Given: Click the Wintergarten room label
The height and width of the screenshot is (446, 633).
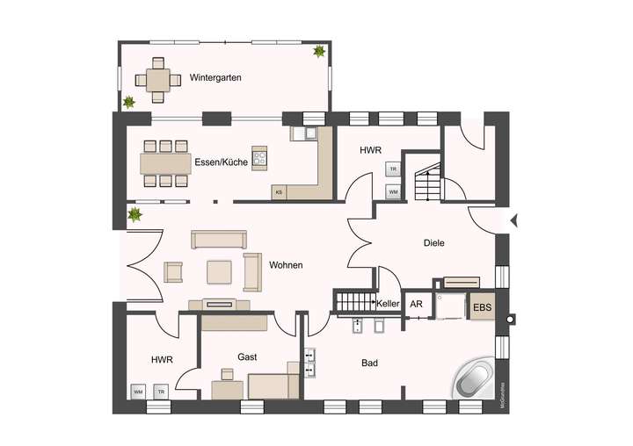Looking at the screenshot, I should pyautogui.click(x=215, y=78).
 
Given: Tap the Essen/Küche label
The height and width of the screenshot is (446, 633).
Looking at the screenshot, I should pyautogui.click(x=221, y=162).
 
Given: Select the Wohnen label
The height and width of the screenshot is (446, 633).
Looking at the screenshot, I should pyautogui.click(x=286, y=264).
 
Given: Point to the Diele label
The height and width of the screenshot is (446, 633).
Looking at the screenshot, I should pyautogui.click(x=434, y=243).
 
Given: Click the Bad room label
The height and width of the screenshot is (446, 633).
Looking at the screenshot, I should pyautogui.click(x=371, y=362).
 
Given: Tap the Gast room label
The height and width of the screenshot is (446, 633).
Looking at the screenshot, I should pyautogui.click(x=247, y=356).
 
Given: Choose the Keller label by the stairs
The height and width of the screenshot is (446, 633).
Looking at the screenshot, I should pyautogui.click(x=389, y=304).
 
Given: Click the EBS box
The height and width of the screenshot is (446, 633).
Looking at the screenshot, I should pyautogui.click(x=482, y=308).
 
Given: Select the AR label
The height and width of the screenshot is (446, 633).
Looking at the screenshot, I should pyautogui.click(x=417, y=304).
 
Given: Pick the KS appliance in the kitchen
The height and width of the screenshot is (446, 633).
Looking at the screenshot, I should pyautogui.click(x=280, y=191).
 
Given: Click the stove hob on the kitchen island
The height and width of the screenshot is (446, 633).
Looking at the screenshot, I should pyautogui.click(x=259, y=159).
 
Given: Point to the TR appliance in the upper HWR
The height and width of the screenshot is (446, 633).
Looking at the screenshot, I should pyautogui.click(x=393, y=169).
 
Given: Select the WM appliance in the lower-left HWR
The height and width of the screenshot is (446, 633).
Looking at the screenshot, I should pyautogui.click(x=138, y=391).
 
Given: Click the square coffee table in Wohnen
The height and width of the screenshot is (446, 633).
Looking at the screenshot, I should pyautogui.click(x=219, y=272).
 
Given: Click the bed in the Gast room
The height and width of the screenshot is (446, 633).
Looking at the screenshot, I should pyautogui.click(x=273, y=385).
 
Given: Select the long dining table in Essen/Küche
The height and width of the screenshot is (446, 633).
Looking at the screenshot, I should pyautogui.click(x=165, y=162).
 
